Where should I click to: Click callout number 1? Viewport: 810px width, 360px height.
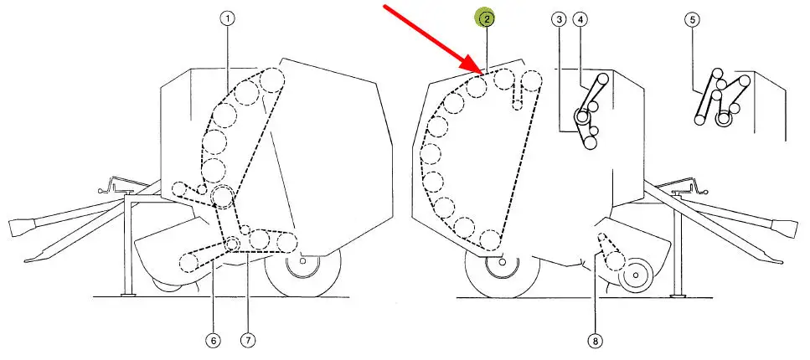pyautogui.click(x=227, y=19)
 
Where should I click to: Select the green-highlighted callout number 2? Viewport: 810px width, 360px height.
pyautogui.click(x=486, y=19)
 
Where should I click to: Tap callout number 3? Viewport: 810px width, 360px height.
pyautogui.click(x=559, y=19)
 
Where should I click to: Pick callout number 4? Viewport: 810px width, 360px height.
pyautogui.click(x=580, y=19)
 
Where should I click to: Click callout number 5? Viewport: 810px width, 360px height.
pyautogui.click(x=692, y=19)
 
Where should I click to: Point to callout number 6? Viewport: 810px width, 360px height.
pyautogui.click(x=213, y=341)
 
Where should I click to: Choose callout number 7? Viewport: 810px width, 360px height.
pyautogui.click(x=248, y=341)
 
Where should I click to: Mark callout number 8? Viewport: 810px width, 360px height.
pyautogui.click(x=595, y=341)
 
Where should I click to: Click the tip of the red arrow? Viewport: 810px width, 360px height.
pyautogui.click(x=484, y=75)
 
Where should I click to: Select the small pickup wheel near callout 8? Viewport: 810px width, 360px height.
pyautogui.click(x=637, y=275)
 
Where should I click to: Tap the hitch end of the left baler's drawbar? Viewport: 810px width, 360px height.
pyautogui.click(x=22, y=226)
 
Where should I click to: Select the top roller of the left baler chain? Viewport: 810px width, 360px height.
pyautogui.click(x=272, y=80)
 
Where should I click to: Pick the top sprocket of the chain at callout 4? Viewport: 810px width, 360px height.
pyautogui.click(x=601, y=81)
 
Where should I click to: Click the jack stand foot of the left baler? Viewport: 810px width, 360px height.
pyautogui.click(x=127, y=295)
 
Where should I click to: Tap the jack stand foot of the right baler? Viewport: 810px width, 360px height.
pyautogui.click(x=676, y=295)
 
